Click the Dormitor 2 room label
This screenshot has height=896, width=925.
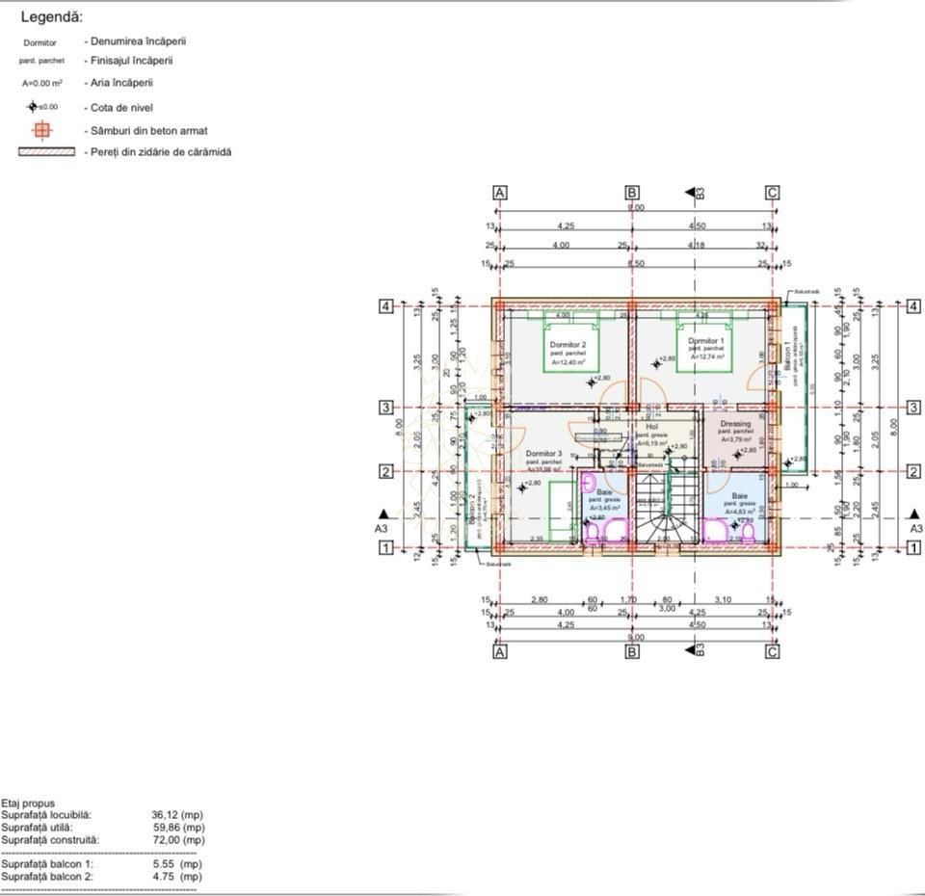(568, 344)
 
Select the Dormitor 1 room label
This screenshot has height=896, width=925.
(705, 341)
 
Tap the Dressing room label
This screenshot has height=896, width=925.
(735, 424)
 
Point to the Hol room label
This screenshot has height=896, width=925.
(651, 426)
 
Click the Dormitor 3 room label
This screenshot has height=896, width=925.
(543, 453)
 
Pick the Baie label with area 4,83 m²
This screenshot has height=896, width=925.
(739, 494)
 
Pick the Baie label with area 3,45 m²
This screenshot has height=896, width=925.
(604, 491)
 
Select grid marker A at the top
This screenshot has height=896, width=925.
(500, 193)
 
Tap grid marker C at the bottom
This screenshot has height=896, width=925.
(772, 652)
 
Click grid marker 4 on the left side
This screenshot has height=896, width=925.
(385, 306)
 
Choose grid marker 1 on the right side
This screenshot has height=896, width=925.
(912, 547)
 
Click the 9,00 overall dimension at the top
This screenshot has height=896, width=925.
(636, 207)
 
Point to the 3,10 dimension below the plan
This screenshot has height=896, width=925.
(723, 599)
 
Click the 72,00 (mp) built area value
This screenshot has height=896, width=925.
(178, 840)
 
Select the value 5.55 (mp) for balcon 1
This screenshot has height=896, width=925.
(178, 864)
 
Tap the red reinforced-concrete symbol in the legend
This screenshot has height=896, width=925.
(40, 130)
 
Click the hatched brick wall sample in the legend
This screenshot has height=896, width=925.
(46, 152)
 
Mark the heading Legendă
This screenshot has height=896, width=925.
(51, 17)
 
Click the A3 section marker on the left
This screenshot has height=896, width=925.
(383, 528)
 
